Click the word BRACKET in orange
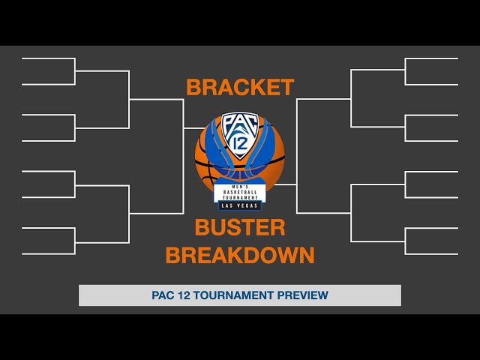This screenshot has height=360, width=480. click(240, 88)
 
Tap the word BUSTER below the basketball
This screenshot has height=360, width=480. click(240, 228)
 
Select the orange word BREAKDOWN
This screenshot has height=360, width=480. click(240, 256)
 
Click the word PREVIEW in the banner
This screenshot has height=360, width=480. click(304, 295)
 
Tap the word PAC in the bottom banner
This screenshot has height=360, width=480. click(163, 295)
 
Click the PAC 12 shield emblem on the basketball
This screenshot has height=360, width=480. click(240, 135)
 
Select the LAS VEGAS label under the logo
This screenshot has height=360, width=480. click(240, 205)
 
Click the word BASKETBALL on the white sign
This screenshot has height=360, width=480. click(240, 193)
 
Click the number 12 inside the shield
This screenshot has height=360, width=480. click(240, 142)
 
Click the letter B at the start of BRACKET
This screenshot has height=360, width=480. click(193, 88)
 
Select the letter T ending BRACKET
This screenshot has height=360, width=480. click(286, 88)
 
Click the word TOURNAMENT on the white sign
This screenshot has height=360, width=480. click(240, 198)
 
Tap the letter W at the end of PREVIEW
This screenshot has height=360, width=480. click(323, 295)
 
